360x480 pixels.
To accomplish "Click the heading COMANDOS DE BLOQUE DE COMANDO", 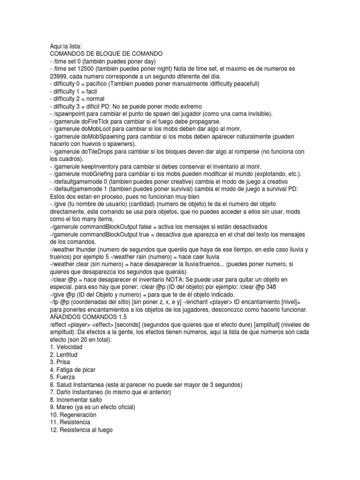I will point(106,54).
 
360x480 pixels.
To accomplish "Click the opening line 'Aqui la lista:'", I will point(66,46).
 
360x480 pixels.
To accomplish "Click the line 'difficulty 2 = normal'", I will point(77,99).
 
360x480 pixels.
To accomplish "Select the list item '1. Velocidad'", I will point(66,347).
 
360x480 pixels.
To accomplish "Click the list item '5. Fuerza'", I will point(62,377).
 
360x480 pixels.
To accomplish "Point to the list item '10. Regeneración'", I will point(73,415).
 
